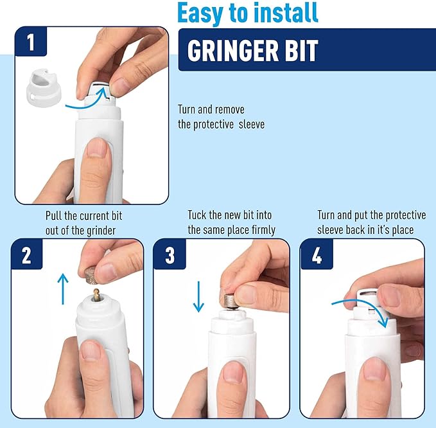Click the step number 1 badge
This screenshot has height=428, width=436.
click(x=30, y=43)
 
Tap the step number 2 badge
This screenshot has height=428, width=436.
click(x=26, y=256)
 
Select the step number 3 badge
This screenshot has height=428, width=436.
click(x=170, y=256)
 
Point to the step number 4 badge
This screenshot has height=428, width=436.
click(x=317, y=256)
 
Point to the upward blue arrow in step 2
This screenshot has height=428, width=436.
click(x=62, y=288)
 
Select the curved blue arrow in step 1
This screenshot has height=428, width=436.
click(x=89, y=102)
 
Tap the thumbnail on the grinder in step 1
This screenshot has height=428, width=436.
click(x=97, y=150)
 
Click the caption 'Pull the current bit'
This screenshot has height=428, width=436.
click(x=83, y=215)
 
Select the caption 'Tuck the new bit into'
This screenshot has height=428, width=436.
click(x=231, y=215)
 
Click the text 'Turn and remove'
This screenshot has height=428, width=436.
click(x=211, y=110)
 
